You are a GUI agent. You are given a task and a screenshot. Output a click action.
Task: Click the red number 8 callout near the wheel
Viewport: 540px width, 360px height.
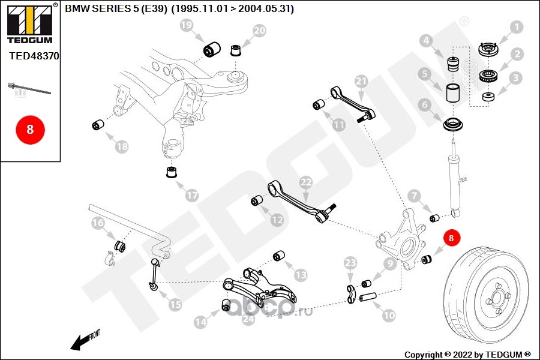pos(451,238)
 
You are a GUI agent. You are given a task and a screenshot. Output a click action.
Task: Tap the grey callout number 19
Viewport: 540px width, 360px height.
pos(187,26)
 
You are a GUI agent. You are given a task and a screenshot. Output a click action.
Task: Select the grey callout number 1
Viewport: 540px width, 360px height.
pos(516,27)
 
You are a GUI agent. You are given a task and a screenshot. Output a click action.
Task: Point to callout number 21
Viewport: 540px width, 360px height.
pos(361,81)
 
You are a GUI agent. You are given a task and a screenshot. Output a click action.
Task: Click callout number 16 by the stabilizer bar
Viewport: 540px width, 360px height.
pos(98,224)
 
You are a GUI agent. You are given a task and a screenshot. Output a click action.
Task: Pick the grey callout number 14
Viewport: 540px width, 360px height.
pos(200,322)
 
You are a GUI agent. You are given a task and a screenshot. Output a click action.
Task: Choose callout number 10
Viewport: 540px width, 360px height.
pos(389,314)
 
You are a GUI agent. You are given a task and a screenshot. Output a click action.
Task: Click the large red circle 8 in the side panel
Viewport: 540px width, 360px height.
pos(29,128)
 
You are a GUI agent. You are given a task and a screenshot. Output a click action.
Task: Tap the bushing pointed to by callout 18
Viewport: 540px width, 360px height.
pos(98,125)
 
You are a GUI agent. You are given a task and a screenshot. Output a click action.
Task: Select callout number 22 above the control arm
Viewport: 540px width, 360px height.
pos(305,182)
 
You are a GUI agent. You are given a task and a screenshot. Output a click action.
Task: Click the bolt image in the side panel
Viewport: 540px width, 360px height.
pos(28,89)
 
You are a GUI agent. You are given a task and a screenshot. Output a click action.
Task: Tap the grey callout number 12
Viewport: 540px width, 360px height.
pos(277,220)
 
